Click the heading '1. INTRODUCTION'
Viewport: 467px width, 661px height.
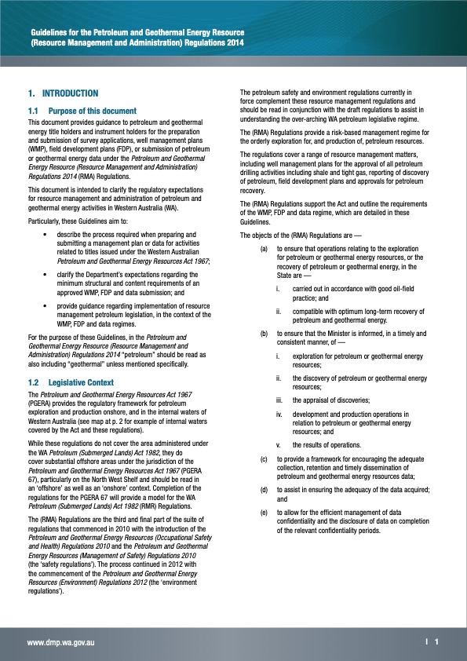click(x=63, y=93)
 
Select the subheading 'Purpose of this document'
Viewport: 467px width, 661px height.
click(x=93, y=111)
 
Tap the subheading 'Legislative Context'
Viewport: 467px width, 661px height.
click(x=84, y=382)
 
